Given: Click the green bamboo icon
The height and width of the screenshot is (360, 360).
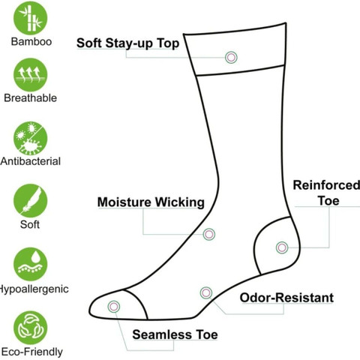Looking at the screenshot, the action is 30,18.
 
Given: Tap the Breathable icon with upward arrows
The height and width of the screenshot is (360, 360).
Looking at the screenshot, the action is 30,75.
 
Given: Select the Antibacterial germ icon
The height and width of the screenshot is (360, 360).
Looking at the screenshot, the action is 30,138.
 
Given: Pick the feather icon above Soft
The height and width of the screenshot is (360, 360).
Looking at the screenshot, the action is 30,201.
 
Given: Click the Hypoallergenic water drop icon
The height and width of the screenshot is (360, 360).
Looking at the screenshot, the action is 30,264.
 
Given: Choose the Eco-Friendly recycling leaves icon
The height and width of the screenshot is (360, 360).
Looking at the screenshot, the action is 30,328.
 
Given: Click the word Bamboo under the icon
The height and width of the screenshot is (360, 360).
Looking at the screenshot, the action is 31,41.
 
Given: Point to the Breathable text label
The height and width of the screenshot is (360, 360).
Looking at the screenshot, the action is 30,98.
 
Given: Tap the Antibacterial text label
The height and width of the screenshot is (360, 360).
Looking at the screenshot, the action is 31,161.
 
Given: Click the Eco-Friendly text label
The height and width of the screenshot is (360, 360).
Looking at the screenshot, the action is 31,352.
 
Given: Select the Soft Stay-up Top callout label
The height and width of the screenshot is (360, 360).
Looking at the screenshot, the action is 127,43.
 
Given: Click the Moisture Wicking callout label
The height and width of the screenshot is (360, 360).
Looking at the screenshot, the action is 151,202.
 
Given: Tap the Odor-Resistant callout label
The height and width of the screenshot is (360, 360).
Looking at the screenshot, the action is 286,298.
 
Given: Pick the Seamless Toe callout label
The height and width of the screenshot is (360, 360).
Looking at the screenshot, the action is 175,334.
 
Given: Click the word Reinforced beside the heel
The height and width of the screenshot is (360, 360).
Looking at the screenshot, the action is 326,185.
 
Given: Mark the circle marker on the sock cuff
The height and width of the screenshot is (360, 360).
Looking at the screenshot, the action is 231,58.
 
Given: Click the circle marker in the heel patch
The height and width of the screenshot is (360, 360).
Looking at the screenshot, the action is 282,247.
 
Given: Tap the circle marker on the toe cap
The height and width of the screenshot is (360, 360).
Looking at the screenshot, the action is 114,307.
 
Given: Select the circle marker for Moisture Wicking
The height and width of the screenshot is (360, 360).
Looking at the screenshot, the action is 209,234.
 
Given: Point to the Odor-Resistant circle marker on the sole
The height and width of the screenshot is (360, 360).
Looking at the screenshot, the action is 206,292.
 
